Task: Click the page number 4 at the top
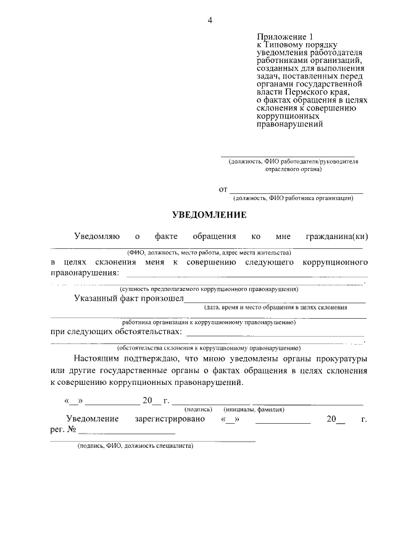[209, 20]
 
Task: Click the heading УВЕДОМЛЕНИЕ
[209, 216]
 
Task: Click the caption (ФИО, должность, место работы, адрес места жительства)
[209, 253]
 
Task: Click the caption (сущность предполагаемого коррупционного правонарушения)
[209, 288]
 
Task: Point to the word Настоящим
[98, 359]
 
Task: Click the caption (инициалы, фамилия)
[254, 409]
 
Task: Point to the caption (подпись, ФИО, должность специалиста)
[135, 445]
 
